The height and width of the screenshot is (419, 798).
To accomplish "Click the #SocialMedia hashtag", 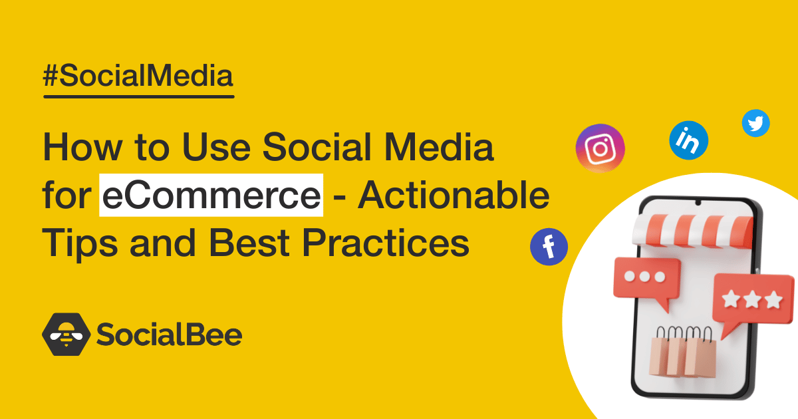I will (138, 77).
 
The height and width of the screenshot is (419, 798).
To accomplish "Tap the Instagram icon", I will (600, 148).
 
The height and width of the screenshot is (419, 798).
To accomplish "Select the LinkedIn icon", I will (688, 140).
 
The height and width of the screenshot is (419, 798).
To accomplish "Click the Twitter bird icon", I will (756, 123).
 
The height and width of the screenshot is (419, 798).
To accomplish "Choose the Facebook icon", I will (549, 247).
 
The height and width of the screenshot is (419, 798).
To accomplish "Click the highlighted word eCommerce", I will (211, 196).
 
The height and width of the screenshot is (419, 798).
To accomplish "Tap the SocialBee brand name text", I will (169, 335).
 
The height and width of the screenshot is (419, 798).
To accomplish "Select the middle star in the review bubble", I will (752, 300).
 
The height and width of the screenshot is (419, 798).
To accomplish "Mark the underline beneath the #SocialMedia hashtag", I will (138, 96).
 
